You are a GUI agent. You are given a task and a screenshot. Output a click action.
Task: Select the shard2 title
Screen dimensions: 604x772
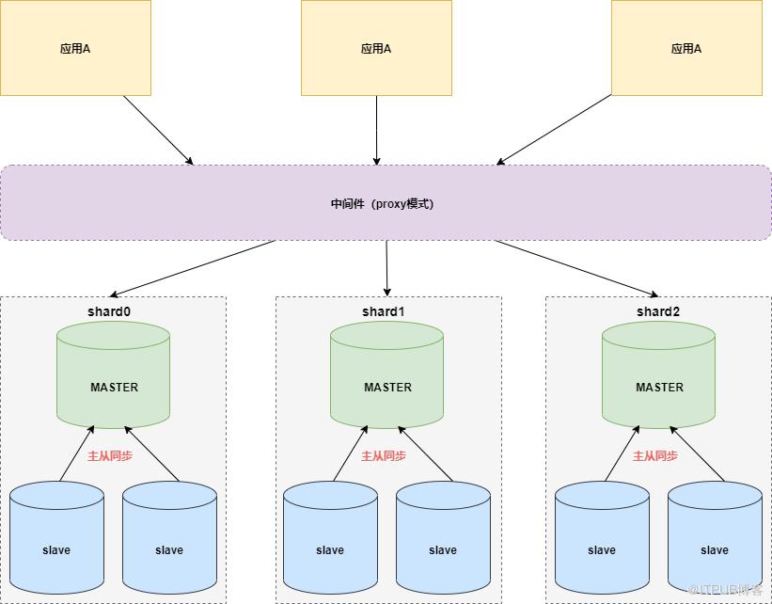(x=658, y=311)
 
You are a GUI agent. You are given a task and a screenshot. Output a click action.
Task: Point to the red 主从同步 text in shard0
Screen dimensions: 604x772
(x=110, y=456)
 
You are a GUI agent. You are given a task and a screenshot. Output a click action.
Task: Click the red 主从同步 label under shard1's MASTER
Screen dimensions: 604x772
(x=384, y=456)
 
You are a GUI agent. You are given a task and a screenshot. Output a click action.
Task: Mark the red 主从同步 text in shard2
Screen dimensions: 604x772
(x=655, y=456)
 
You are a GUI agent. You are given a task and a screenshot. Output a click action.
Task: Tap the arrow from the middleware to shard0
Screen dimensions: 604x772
(x=193, y=268)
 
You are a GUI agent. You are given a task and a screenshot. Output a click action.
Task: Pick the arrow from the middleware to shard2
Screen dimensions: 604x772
(x=575, y=268)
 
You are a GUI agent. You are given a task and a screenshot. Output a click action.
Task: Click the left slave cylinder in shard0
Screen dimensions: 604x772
(x=56, y=541)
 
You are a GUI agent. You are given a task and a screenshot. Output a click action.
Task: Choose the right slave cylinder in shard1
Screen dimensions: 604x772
(x=443, y=541)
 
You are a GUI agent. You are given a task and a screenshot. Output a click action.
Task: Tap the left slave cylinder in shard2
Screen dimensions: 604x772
(x=602, y=541)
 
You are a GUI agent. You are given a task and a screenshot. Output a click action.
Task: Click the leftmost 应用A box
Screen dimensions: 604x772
(x=75, y=48)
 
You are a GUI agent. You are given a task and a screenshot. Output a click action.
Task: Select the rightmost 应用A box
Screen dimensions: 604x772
(x=686, y=48)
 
